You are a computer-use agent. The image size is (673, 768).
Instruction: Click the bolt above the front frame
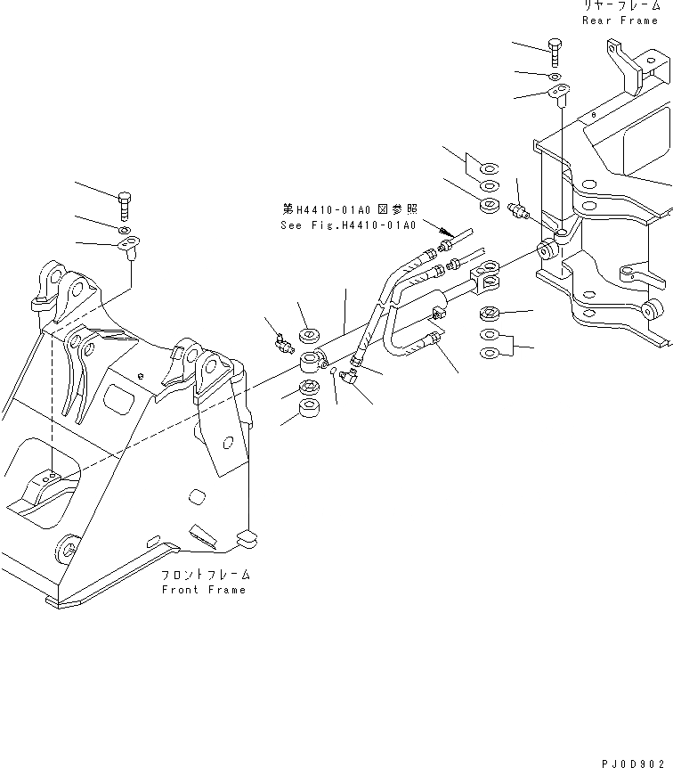pyautogui.click(x=124, y=203)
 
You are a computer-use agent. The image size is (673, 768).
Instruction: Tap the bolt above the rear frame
pyautogui.click(x=554, y=51)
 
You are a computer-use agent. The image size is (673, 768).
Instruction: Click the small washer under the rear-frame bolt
pyautogui.click(x=555, y=78)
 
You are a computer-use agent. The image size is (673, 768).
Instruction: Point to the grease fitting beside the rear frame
pyautogui.click(x=516, y=212)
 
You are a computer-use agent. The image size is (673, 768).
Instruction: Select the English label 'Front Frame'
pyautogui.click(x=204, y=590)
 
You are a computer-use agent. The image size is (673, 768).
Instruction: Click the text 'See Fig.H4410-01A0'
pyautogui.click(x=348, y=225)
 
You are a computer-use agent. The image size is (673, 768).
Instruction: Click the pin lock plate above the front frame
pyautogui.click(x=129, y=244)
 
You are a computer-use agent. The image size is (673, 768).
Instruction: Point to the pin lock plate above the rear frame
pyautogui.click(x=560, y=93)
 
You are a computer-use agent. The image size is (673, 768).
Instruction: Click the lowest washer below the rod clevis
pyautogui.click(x=489, y=354)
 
